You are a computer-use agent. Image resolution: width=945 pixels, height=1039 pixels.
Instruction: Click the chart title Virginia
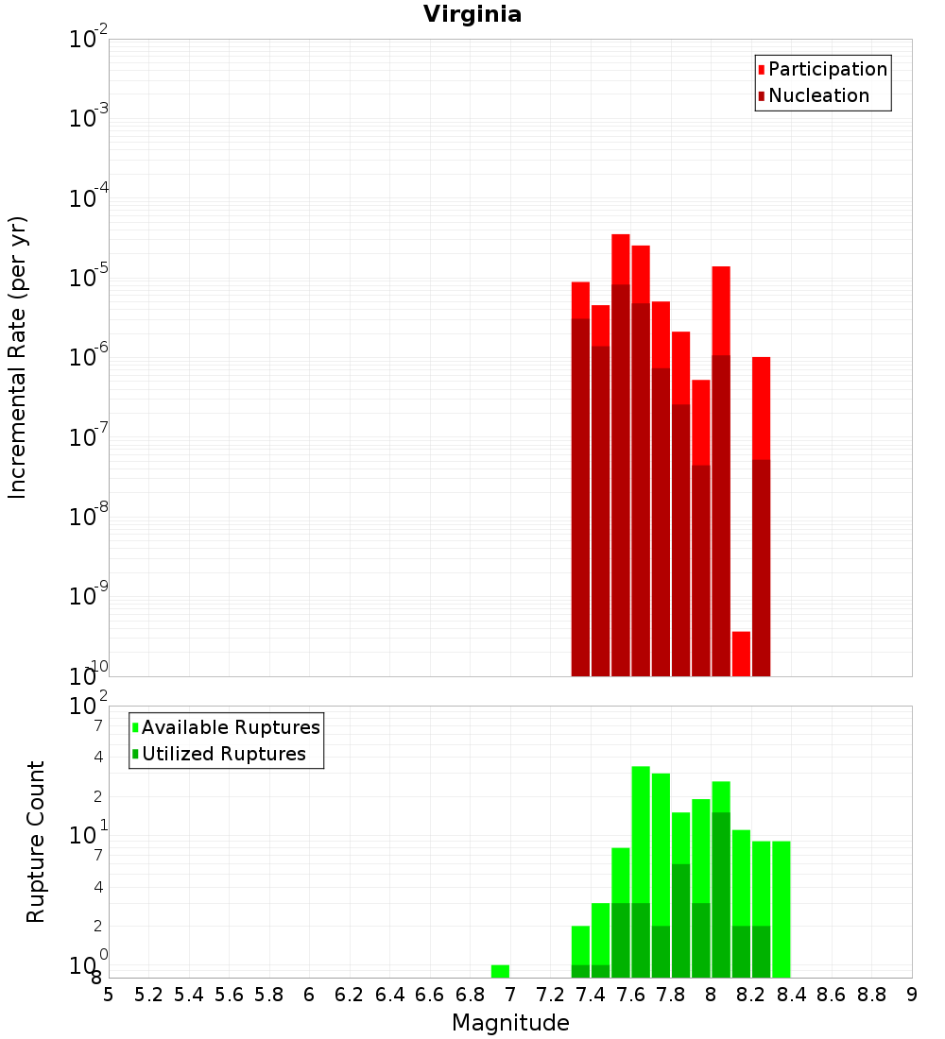472,14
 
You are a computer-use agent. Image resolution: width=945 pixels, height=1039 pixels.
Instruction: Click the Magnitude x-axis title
510,1023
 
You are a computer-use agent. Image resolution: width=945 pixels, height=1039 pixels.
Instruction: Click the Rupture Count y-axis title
36,842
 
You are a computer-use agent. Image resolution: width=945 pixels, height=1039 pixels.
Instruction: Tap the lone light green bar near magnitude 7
500,971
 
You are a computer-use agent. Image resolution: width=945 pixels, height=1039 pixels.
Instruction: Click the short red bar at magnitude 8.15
741,653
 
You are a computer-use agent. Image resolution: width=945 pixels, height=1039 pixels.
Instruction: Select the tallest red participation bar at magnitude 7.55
621,259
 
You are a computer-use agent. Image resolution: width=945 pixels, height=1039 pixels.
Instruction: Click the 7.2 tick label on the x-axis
550,995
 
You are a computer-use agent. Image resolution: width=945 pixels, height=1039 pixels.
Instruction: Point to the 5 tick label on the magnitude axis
109,995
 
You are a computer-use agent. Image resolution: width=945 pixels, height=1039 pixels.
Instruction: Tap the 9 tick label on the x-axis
912,995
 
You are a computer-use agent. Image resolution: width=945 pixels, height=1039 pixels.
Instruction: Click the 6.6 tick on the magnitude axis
430,995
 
